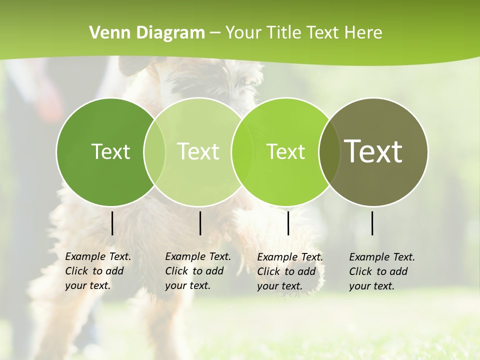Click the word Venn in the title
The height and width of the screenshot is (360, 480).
tap(106, 33)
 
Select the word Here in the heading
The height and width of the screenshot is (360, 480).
tap(363, 33)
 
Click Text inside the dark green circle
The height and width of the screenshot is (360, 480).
tap(110, 151)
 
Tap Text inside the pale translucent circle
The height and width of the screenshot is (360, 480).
tap(198, 151)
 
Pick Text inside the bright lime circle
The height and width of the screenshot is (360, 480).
tap(285, 151)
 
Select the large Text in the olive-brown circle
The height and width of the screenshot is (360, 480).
tap(373, 151)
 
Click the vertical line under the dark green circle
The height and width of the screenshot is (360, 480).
tap(112, 223)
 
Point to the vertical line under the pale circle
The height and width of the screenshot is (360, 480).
tap(200, 223)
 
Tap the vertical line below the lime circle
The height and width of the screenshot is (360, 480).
tap(288, 223)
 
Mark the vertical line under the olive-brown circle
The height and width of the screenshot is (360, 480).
tap(372, 223)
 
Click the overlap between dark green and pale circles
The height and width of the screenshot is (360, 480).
tap(154, 151)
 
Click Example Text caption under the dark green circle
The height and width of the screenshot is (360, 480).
tap(97, 271)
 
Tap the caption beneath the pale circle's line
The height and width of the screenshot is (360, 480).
tap(197, 271)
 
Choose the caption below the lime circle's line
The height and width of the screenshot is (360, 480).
tap(289, 271)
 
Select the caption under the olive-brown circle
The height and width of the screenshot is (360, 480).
tap(381, 271)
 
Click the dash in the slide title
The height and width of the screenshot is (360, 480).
tap(215, 33)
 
